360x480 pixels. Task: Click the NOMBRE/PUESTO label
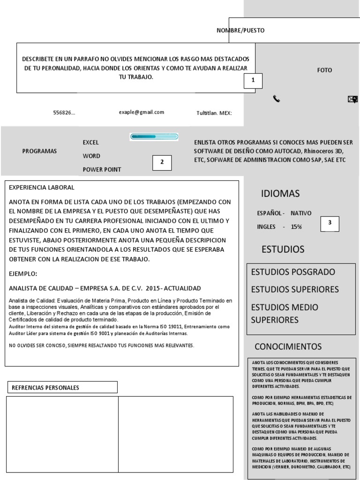(x=240, y=30)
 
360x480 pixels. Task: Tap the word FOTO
(x=324, y=70)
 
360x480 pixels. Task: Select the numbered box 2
(x=162, y=162)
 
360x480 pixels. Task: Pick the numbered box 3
(x=330, y=224)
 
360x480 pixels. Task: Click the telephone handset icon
(x=277, y=99)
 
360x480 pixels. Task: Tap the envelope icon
(x=352, y=99)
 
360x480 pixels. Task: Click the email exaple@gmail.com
(x=142, y=112)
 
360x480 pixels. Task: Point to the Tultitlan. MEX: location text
(x=214, y=113)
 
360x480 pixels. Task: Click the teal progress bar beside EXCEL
(x=154, y=137)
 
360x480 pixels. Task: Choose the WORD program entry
(x=91, y=156)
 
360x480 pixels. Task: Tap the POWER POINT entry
(x=102, y=169)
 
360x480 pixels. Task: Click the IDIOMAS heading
(x=280, y=194)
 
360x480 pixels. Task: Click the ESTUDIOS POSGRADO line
(x=294, y=272)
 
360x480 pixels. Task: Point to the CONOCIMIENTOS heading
(x=288, y=347)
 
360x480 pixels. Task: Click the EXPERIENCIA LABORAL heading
(x=42, y=187)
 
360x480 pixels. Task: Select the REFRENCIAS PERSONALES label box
(x=61, y=387)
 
